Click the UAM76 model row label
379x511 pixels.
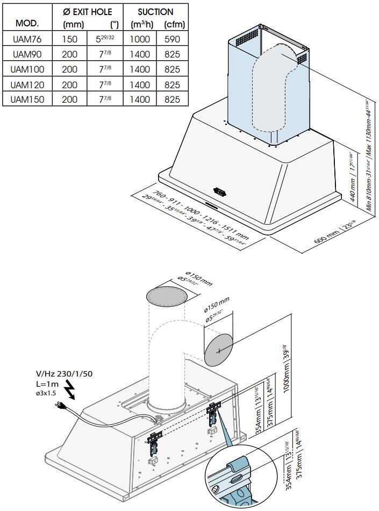[27, 39]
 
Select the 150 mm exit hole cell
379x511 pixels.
[70, 39]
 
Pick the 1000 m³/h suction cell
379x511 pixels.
[140, 39]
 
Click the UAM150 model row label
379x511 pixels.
[27, 100]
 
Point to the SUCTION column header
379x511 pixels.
[156, 11]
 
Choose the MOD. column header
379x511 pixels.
[27, 24]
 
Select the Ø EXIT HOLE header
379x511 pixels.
[88, 11]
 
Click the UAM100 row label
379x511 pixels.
[27, 69]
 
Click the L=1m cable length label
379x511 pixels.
[47, 384]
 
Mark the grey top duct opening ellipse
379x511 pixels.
[166, 296]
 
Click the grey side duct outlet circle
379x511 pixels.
[219, 351]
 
